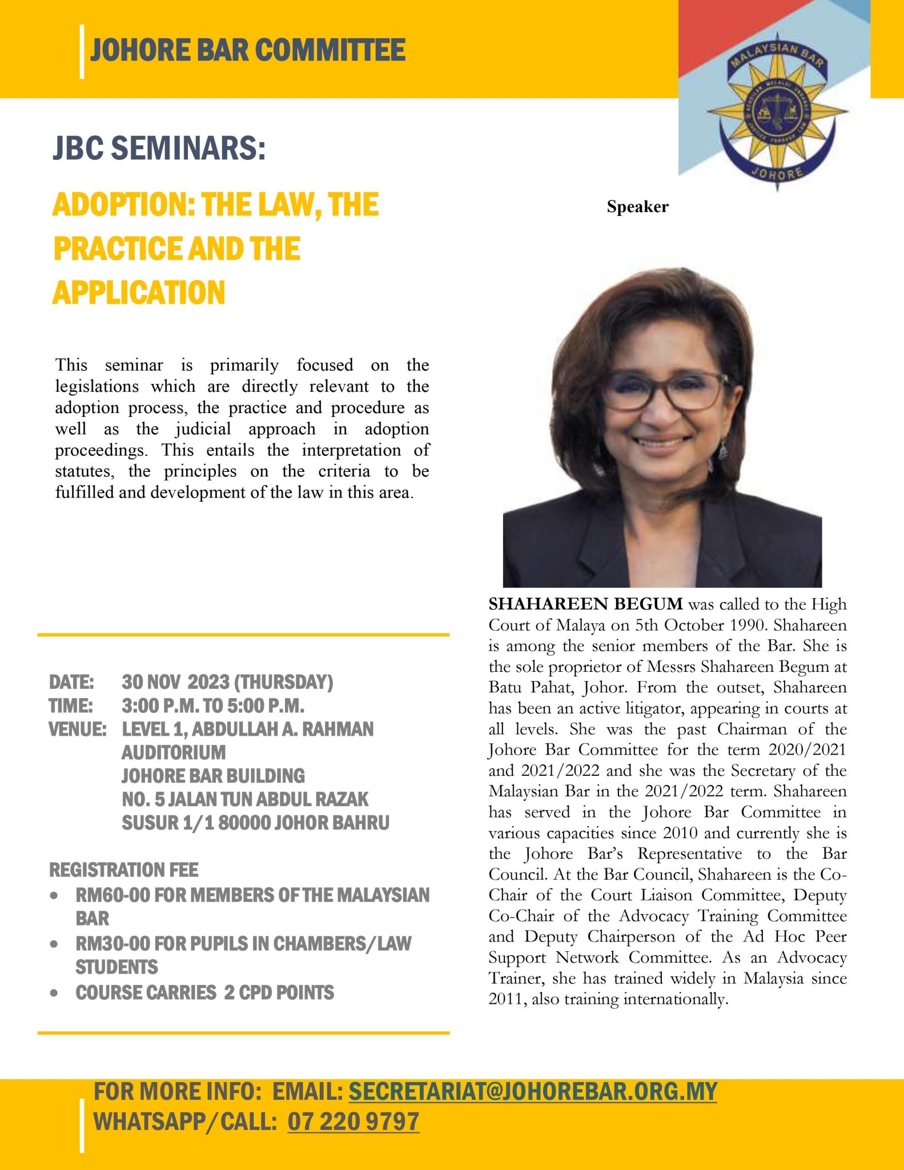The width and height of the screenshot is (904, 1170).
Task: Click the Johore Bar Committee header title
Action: (x=248, y=50)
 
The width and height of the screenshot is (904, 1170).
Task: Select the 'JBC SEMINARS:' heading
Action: (x=159, y=148)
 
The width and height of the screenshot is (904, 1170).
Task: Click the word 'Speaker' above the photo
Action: (x=637, y=207)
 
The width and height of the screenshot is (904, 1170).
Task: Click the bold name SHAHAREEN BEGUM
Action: (x=585, y=604)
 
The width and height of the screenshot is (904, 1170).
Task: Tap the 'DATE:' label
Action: (x=71, y=682)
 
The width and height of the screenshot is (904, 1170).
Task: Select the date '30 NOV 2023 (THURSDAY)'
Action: (x=227, y=682)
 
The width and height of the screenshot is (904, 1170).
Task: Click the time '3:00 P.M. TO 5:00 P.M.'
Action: (x=213, y=706)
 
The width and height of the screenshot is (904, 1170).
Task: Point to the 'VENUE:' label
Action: (x=77, y=730)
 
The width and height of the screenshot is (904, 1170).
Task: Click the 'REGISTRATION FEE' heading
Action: (x=124, y=870)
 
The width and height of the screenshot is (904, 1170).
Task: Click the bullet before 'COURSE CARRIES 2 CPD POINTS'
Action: (x=54, y=993)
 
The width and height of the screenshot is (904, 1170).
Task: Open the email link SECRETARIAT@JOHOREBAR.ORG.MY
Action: (x=532, y=1092)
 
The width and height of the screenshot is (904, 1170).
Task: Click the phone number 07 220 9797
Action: (x=353, y=1121)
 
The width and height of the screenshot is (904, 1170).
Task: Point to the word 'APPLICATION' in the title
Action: (x=139, y=292)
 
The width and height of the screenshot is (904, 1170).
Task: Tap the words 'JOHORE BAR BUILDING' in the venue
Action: (x=213, y=776)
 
